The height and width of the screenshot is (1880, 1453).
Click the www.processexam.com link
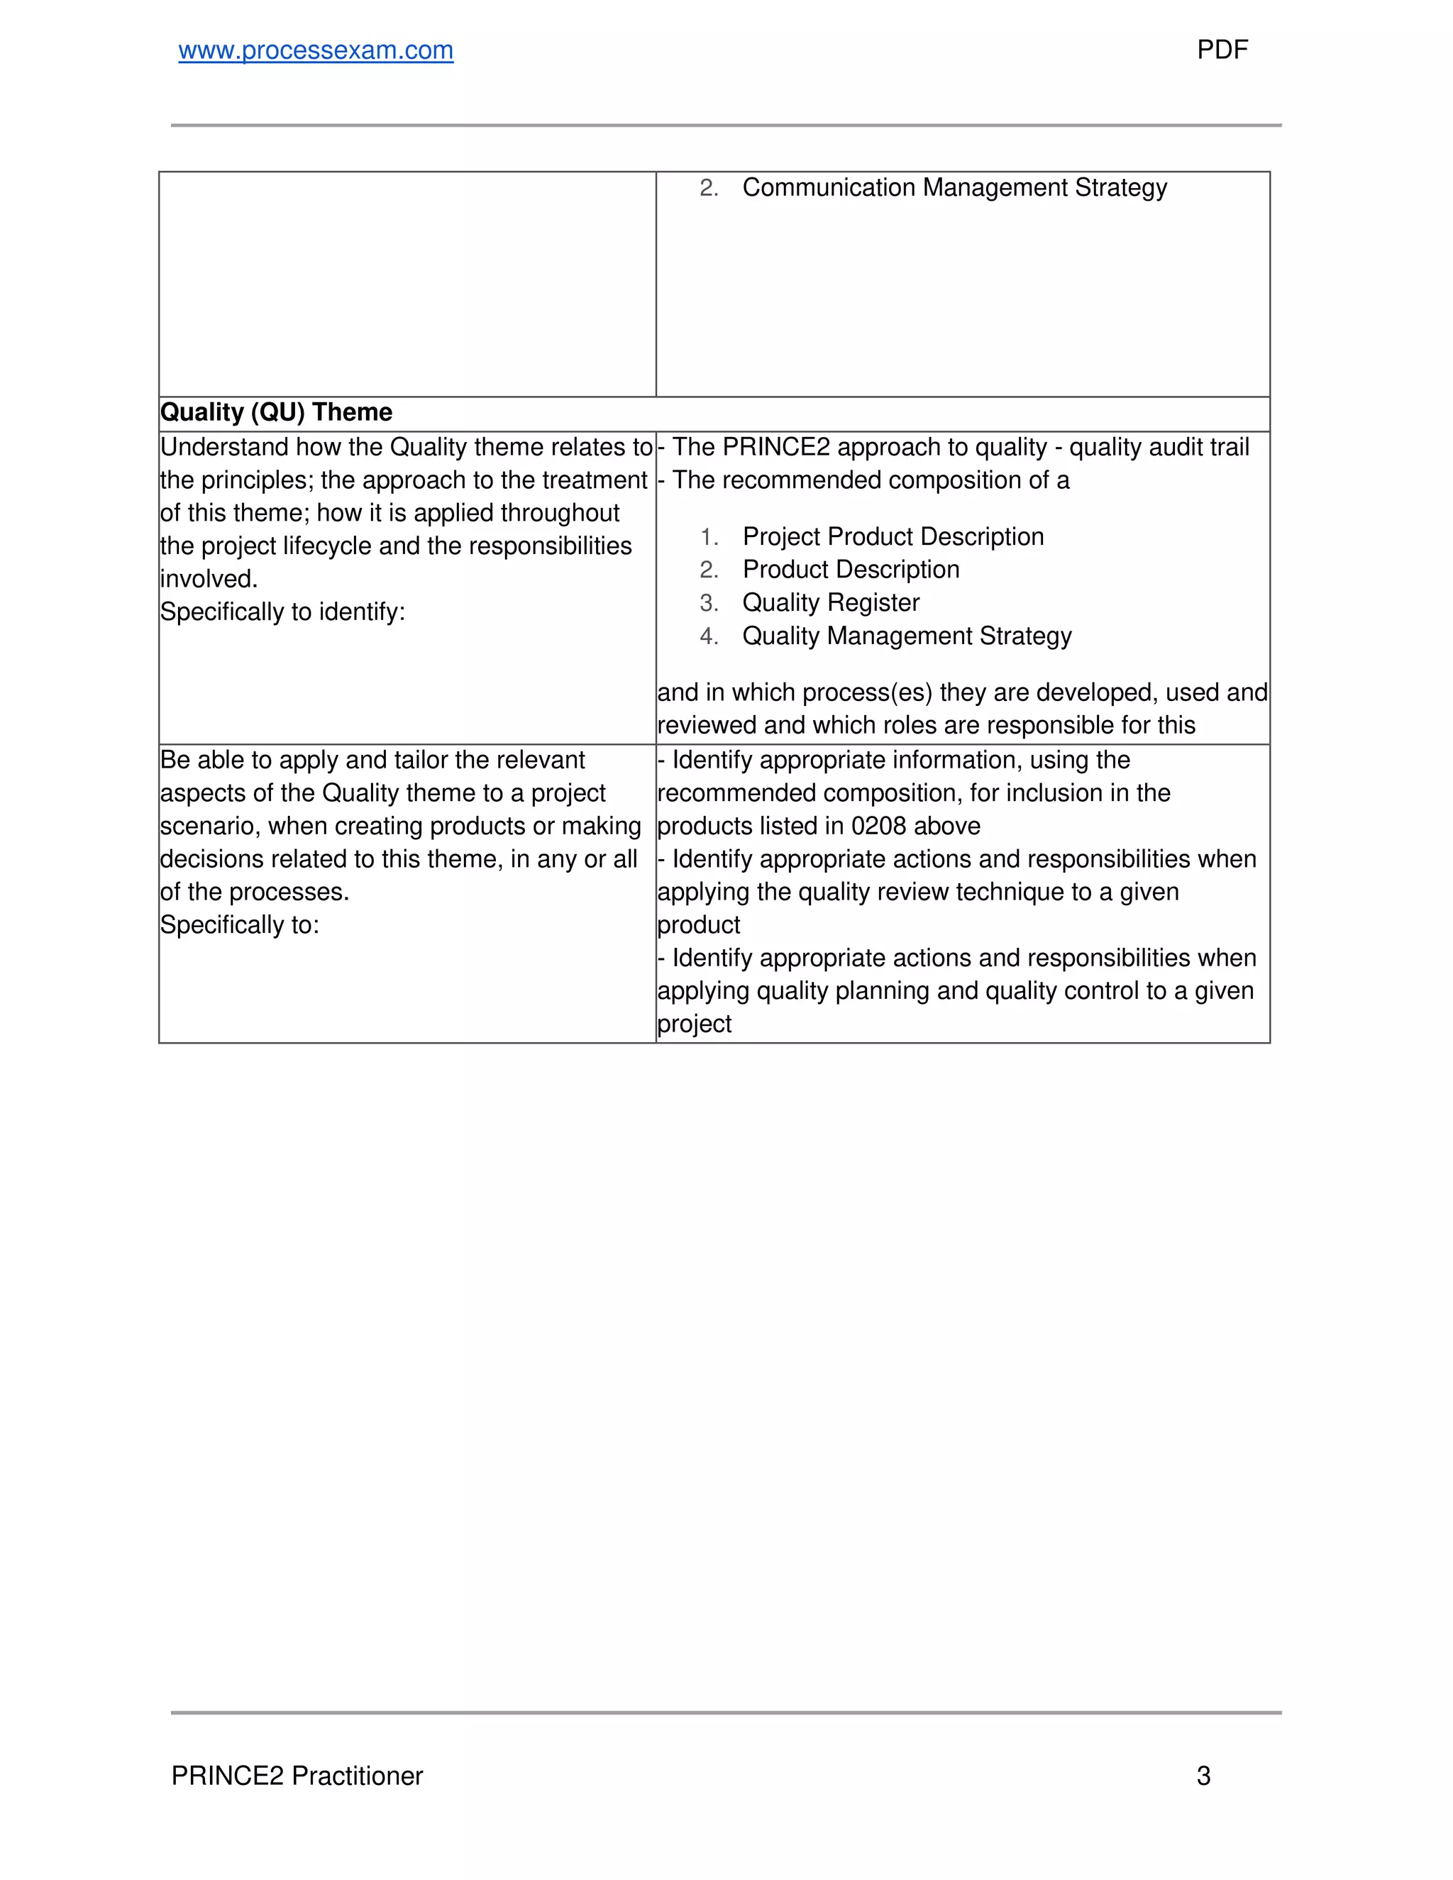click(315, 51)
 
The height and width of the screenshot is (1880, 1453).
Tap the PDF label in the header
click(1222, 50)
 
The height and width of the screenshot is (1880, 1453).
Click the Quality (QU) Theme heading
click(276, 412)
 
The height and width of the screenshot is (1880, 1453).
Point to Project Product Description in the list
click(893, 537)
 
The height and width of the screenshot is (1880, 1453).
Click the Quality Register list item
click(831, 602)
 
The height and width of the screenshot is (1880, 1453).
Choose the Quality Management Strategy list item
click(907, 636)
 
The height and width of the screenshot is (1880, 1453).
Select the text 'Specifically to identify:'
click(282, 612)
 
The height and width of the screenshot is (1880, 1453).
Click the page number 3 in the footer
click(1203, 1776)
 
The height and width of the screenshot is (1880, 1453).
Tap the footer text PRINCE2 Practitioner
click(297, 1776)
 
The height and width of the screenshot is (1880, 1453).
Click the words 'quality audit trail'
click(1159, 448)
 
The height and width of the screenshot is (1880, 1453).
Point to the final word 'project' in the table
click(694, 1024)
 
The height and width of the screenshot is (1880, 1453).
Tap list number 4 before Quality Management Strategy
click(709, 636)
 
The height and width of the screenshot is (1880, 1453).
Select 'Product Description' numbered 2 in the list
click(851, 570)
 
